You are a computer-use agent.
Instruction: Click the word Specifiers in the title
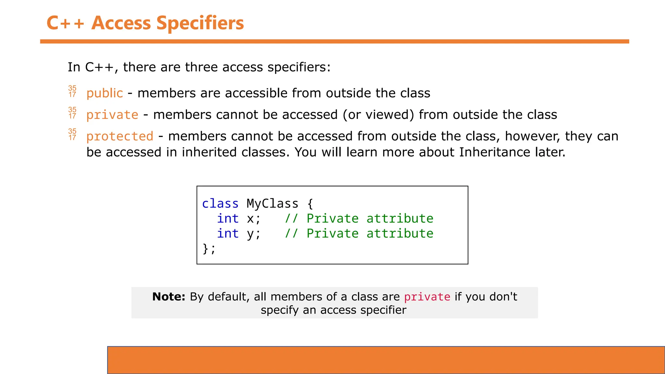click(200, 23)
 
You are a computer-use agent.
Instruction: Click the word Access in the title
click(121, 23)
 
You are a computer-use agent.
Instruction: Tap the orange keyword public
click(105, 93)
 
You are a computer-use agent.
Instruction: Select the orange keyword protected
click(120, 136)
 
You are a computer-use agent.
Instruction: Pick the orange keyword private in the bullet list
click(112, 115)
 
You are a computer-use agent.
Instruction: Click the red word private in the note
click(427, 297)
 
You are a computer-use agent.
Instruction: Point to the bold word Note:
click(169, 297)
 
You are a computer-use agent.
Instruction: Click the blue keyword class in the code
click(220, 204)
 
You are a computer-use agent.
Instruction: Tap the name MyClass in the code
click(272, 204)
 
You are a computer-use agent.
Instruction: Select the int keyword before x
click(228, 218)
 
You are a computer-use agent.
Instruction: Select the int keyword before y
click(228, 233)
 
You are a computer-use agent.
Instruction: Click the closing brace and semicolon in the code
click(209, 249)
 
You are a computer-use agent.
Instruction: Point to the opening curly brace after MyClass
click(310, 204)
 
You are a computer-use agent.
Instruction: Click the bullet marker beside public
click(72, 92)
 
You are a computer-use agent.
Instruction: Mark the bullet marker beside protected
click(72, 134)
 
